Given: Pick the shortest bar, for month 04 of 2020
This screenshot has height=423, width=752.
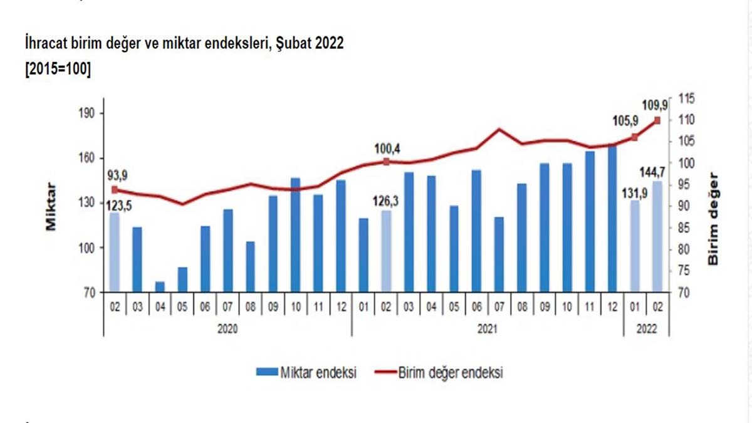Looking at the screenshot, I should point(160,286).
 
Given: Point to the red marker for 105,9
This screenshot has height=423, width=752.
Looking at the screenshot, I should point(635,137).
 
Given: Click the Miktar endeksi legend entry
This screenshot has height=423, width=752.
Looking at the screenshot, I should point(307,373).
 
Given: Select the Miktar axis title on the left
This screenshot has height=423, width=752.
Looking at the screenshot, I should point(52,207).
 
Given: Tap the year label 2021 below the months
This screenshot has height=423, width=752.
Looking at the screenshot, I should point(487,326).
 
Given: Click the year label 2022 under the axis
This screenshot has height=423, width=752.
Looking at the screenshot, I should point(646,326).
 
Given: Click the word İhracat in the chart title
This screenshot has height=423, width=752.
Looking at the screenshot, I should point(46,46).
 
